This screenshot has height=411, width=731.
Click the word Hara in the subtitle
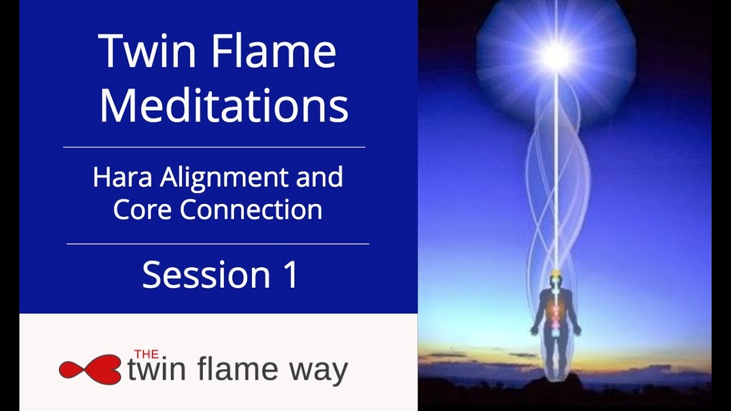pyautogui.click(x=123, y=178)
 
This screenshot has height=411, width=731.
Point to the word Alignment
pyautogui.click(x=225, y=179)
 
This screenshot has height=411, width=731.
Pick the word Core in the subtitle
pyautogui.click(x=143, y=209)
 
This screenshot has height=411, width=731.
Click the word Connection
pyautogui.click(x=251, y=209)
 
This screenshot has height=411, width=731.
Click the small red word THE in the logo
pyautogui.click(x=146, y=354)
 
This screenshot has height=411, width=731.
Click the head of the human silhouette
pyautogui.click(x=555, y=283)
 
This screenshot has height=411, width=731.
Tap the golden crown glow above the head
pyautogui.click(x=555, y=272)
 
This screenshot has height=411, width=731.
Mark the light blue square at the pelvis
pyautogui.click(x=556, y=333)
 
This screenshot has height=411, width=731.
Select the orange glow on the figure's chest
pyautogui.click(x=556, y=311)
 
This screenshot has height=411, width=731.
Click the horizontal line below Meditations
pyautogui.click(x=214, y=147)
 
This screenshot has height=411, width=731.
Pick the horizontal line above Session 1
pyautogui.click(x=218, y=244)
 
